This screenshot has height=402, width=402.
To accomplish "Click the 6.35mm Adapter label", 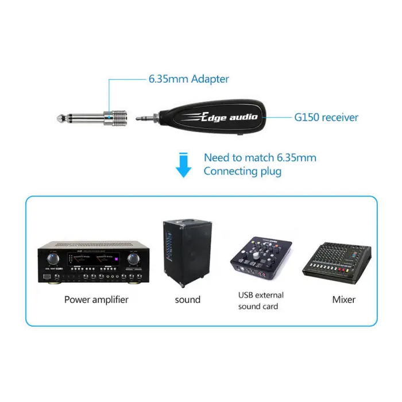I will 188,79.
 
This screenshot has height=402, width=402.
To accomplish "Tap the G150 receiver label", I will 326,118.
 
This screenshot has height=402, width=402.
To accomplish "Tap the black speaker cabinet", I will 183,253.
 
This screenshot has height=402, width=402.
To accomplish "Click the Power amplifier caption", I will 96,299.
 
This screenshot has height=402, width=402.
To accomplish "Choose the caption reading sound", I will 187,299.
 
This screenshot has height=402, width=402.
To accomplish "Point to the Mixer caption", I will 343,299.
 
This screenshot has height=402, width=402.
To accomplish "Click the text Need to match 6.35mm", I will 260,157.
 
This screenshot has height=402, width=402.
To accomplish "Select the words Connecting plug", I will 243,171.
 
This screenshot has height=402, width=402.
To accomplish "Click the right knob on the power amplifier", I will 134,258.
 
